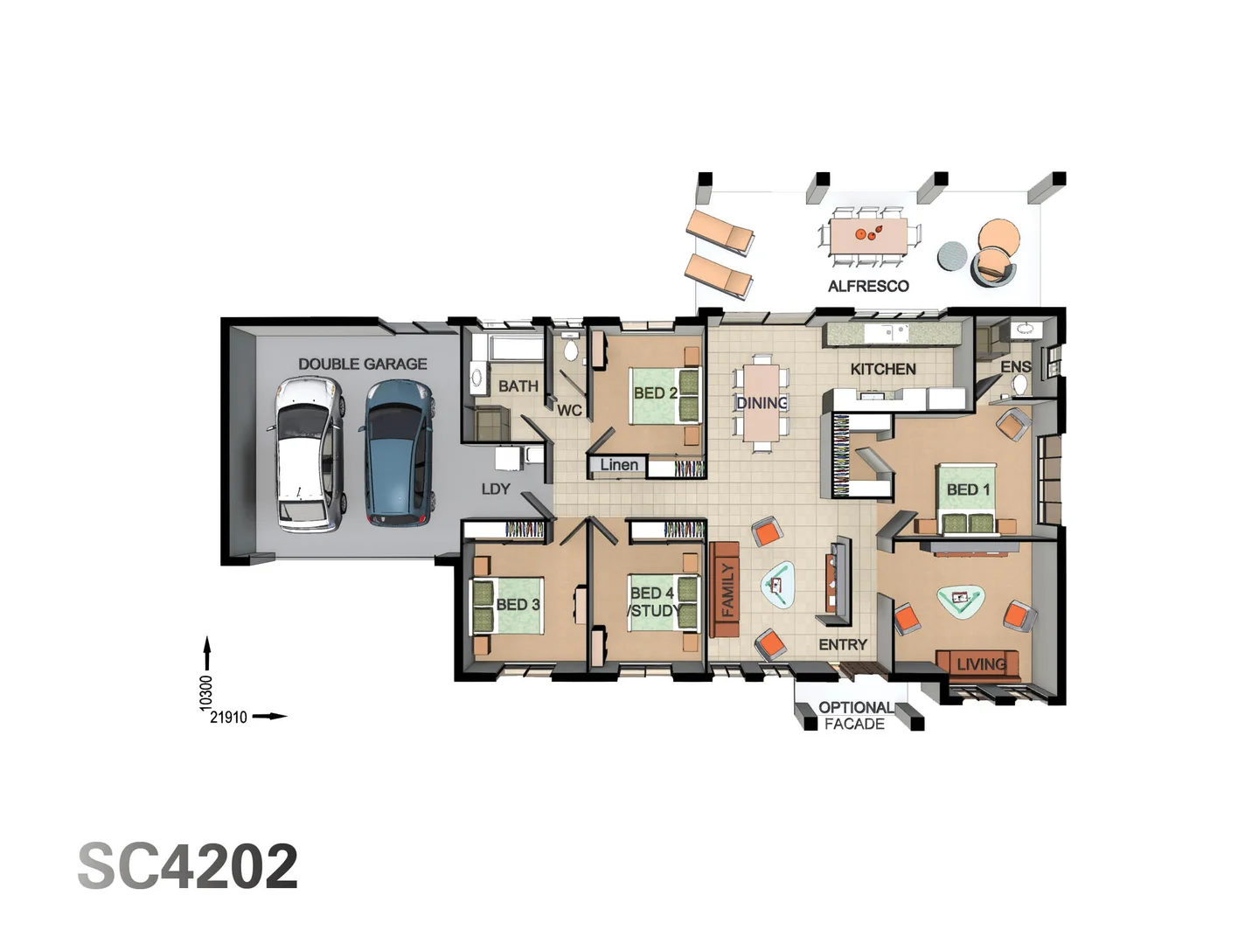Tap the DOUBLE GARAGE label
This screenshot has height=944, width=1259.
point(362,364)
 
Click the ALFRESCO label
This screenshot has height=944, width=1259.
point(868,286)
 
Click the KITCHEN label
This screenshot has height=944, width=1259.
point(883,369)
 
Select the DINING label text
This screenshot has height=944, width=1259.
point(762,403)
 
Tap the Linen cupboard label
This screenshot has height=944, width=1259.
point(619,465)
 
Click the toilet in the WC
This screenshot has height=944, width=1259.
point(571,351)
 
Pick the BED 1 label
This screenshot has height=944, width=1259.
point(968,489)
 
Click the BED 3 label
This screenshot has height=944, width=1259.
point(518,604)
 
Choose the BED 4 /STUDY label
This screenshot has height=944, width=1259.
point(654,601)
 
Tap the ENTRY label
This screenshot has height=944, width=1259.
point(843,644)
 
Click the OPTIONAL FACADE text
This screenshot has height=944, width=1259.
point(855,715)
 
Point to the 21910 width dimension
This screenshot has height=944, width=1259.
point(228,717)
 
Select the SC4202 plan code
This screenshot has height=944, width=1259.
point(188,866)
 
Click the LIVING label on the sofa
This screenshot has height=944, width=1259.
point(981,664)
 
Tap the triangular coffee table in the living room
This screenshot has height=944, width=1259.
point(961,600)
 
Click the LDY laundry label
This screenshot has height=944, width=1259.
point(496,489)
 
